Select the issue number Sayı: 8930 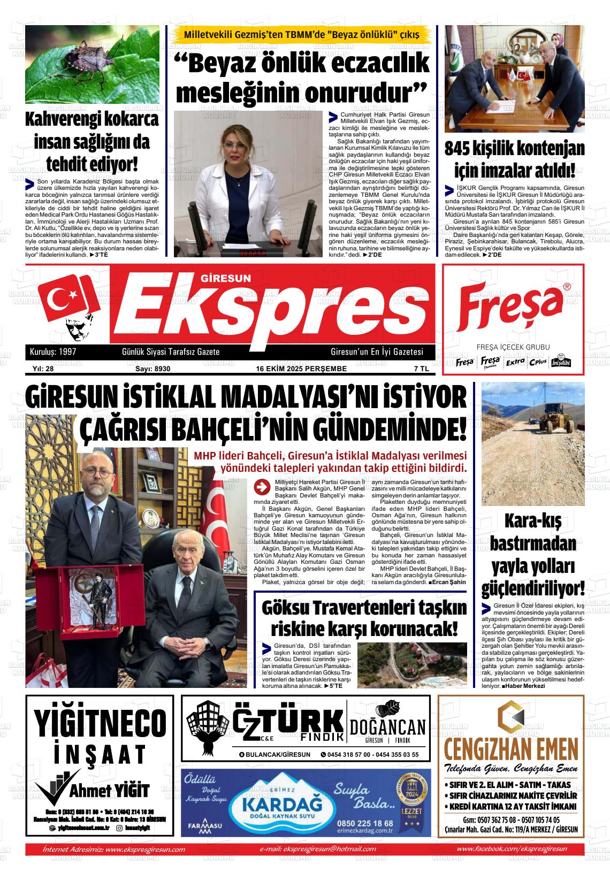pos(149,369)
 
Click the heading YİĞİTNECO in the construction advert pos(100,723)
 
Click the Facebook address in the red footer pos(512,849)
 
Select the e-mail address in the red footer pos(317,849)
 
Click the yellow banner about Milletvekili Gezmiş pos(301,35)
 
